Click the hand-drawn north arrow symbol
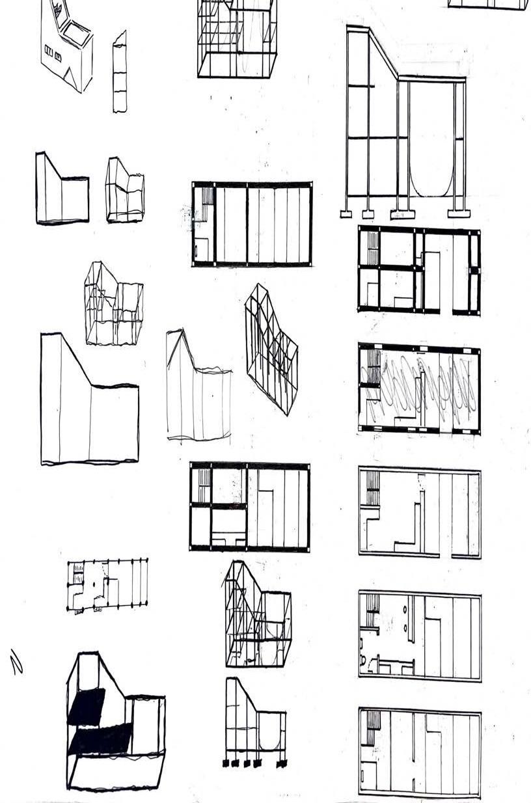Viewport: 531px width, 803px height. tap(16, 661)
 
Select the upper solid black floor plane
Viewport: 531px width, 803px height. tap(86, 706)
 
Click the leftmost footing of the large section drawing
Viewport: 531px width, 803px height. tap(347, 213)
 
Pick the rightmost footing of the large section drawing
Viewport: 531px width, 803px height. tap(459, 213)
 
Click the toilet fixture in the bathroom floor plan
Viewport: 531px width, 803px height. tap(363, 660)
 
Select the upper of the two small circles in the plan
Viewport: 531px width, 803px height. tap(411, 610)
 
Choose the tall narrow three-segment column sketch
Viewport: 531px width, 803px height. tap(119, 72)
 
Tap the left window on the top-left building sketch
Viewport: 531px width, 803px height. tap(48, 50)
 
